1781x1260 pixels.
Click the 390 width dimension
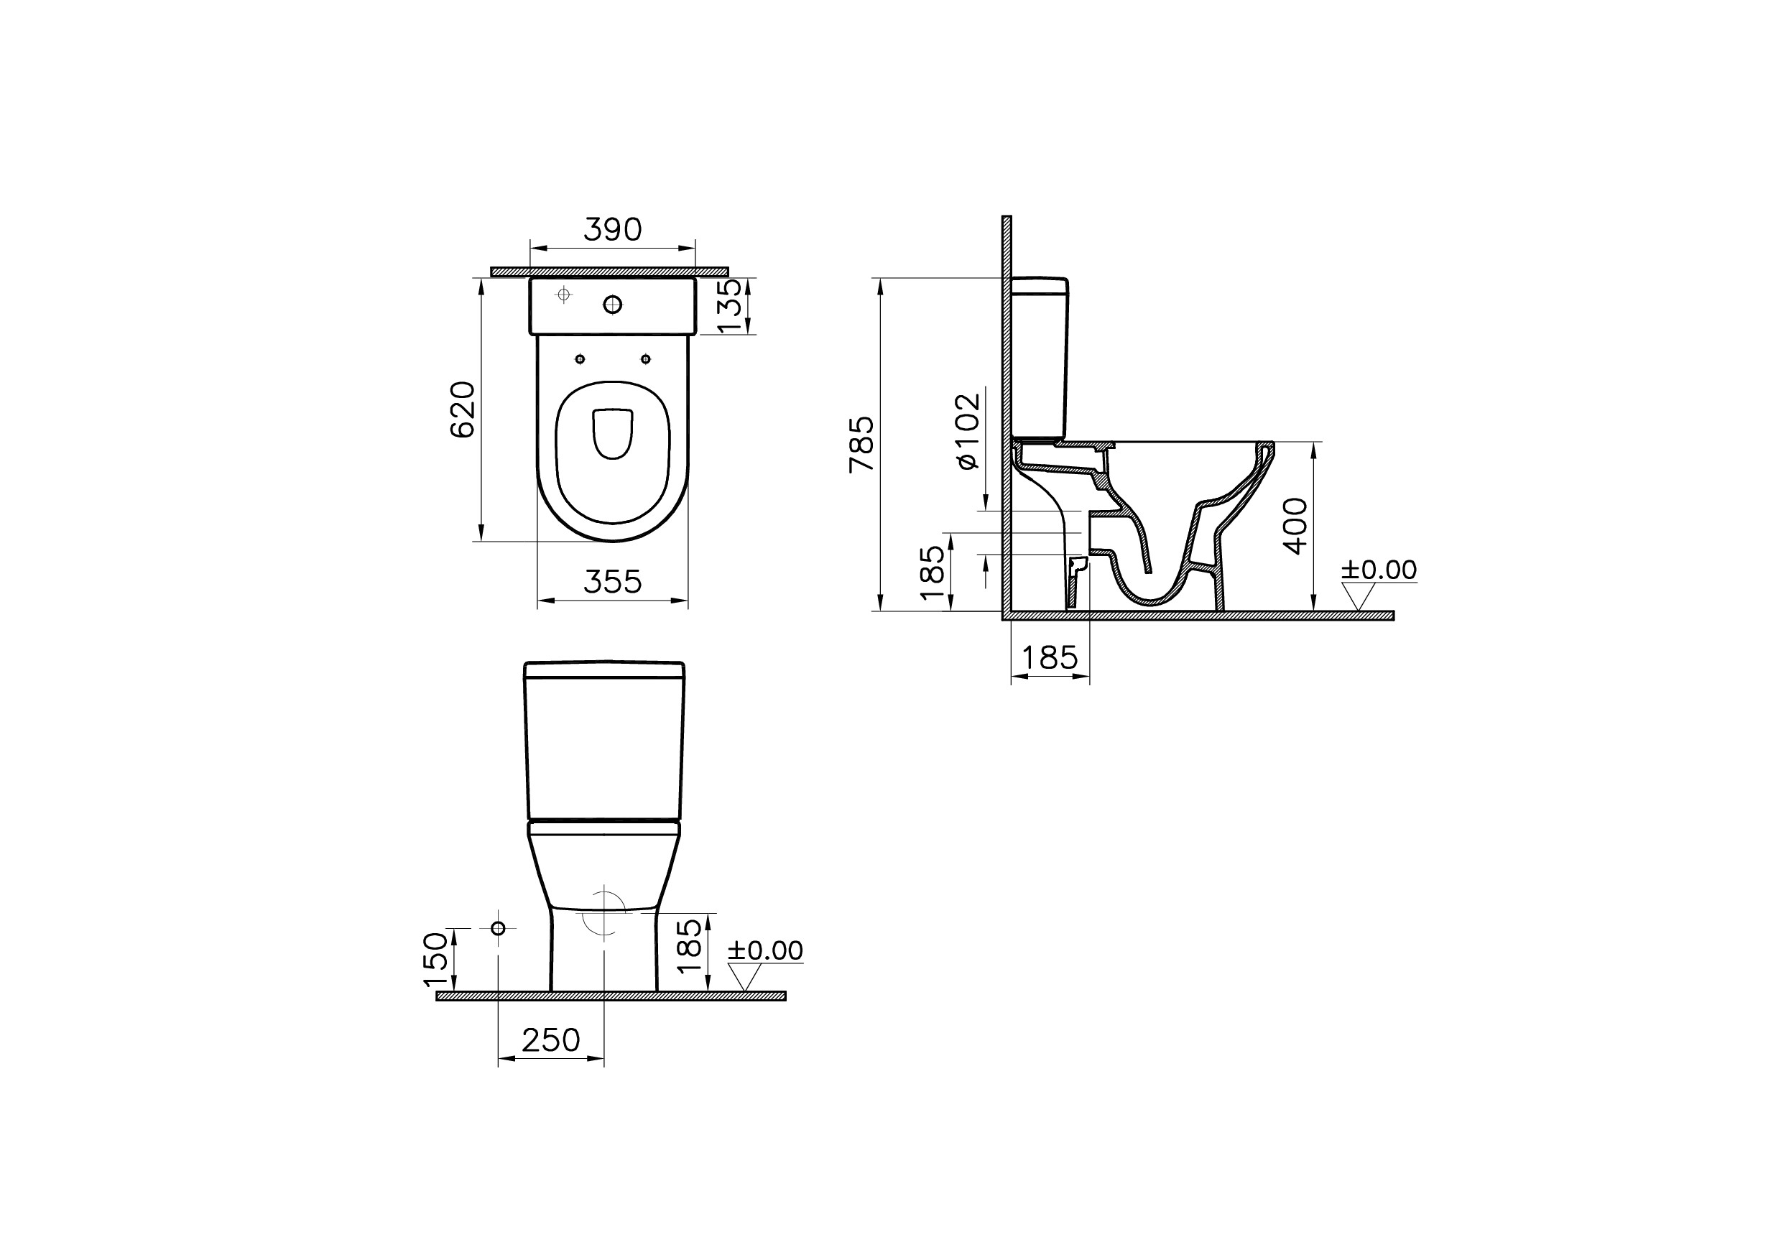coord(612,230)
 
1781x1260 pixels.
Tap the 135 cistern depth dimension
coord(730,306)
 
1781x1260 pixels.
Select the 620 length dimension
coord(463,409)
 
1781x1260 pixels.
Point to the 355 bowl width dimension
coord(612,581)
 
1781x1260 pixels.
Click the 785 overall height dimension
coord(862,444)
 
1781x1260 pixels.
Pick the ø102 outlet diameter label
coord(968,430)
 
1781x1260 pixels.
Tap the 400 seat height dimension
coord(1295,526)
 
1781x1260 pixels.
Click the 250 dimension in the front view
coord(551,1039)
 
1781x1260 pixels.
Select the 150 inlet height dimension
coord(435,960)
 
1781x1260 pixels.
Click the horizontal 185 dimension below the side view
coord(1049,658)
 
